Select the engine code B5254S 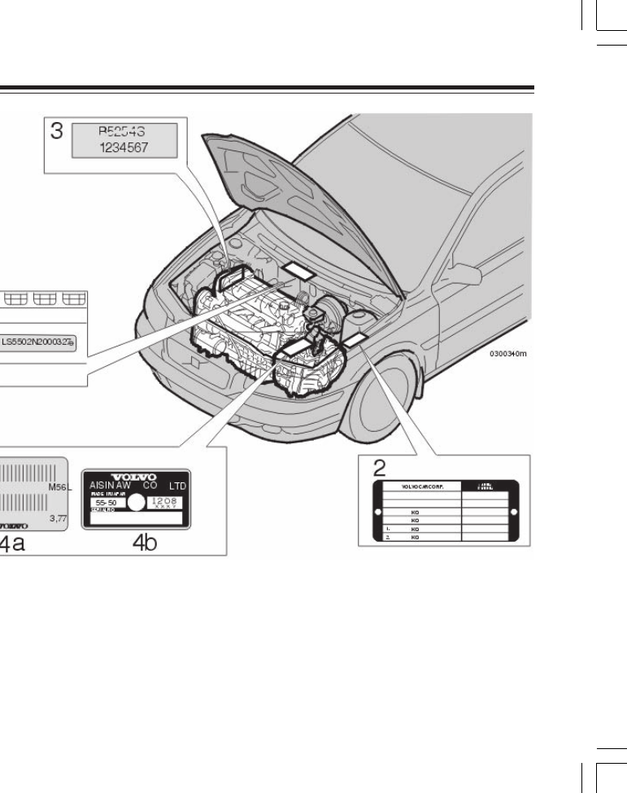pos(125,133)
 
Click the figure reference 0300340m pos(509,355)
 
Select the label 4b pos(144,543)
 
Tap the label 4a pos(12,543)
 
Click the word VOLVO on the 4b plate pos(136,476)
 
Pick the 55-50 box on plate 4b pos(107,503)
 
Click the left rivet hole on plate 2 pos(377,512)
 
